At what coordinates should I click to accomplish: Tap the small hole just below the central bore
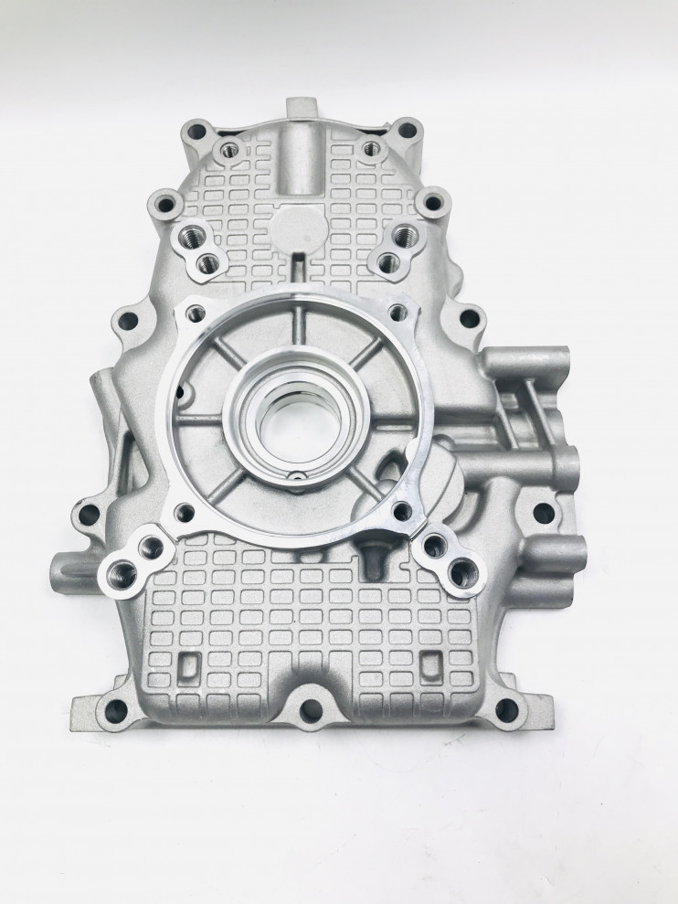[x=295, y=476]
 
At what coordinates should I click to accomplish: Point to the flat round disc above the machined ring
[x=296, y=224]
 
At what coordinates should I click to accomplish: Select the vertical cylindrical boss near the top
[x=298, y=160]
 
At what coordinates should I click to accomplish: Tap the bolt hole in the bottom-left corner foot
[x=116, y=708]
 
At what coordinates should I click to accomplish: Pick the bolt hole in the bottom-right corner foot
[x=508, y=709]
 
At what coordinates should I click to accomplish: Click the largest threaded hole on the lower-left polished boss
[x=120, y=574]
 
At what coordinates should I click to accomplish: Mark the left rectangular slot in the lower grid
[x=192, y=661]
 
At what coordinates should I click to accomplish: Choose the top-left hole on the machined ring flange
[x=195, y=314]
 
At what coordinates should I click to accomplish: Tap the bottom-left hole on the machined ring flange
[x=186, y=512]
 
